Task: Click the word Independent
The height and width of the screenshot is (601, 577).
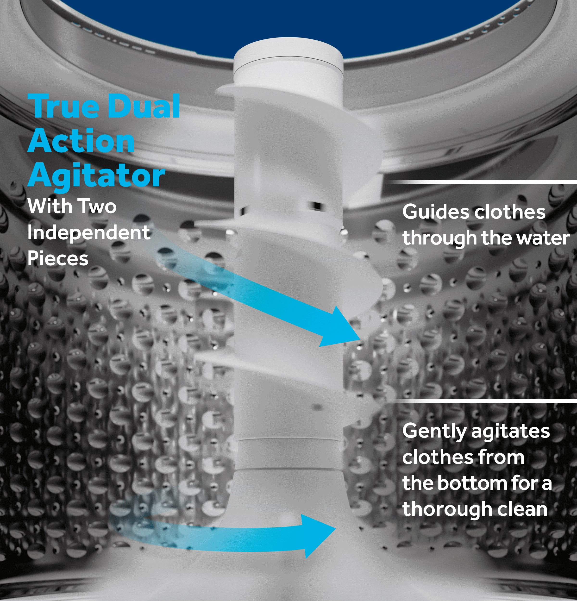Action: [x=89, y=232]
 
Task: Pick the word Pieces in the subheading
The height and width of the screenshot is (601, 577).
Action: [x=58, y=258]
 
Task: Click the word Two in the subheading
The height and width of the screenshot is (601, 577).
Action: [x=97, y=206]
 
